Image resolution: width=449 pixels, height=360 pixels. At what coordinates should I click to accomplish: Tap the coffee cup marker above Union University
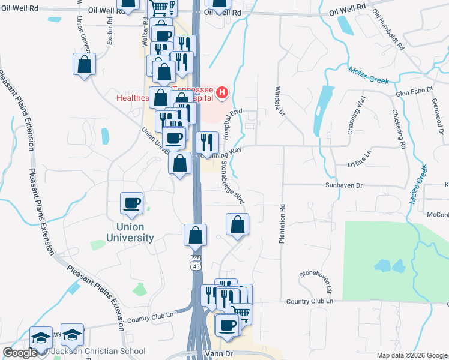[x=132, y=203]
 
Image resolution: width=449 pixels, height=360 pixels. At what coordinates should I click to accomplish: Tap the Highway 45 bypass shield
[x=196, y=263]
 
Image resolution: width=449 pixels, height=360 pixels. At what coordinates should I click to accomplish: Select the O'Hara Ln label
[x=360, y=163]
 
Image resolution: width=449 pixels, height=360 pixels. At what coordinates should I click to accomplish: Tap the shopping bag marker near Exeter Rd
[x=85, y=64]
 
